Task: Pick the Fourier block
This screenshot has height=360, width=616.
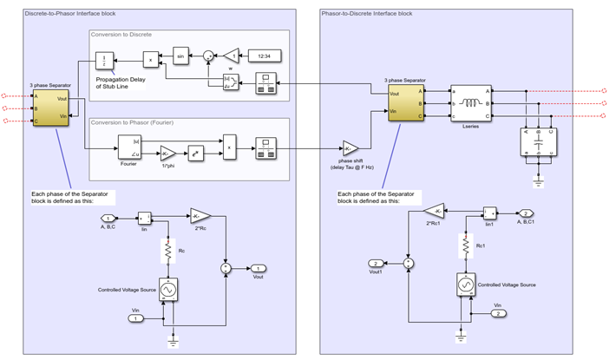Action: pos(128,146)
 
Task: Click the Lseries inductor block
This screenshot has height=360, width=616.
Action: pos(470,102)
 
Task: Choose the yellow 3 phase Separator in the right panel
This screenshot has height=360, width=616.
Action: pos(404,102)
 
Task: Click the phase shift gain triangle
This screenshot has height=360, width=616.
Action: pos(350,147)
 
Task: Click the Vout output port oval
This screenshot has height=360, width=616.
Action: pos(259,269)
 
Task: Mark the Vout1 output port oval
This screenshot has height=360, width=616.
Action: pos(375,263)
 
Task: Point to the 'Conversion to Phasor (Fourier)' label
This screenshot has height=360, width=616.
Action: pos(134,122)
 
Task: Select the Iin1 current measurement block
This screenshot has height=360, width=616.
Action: pos(490,213)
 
